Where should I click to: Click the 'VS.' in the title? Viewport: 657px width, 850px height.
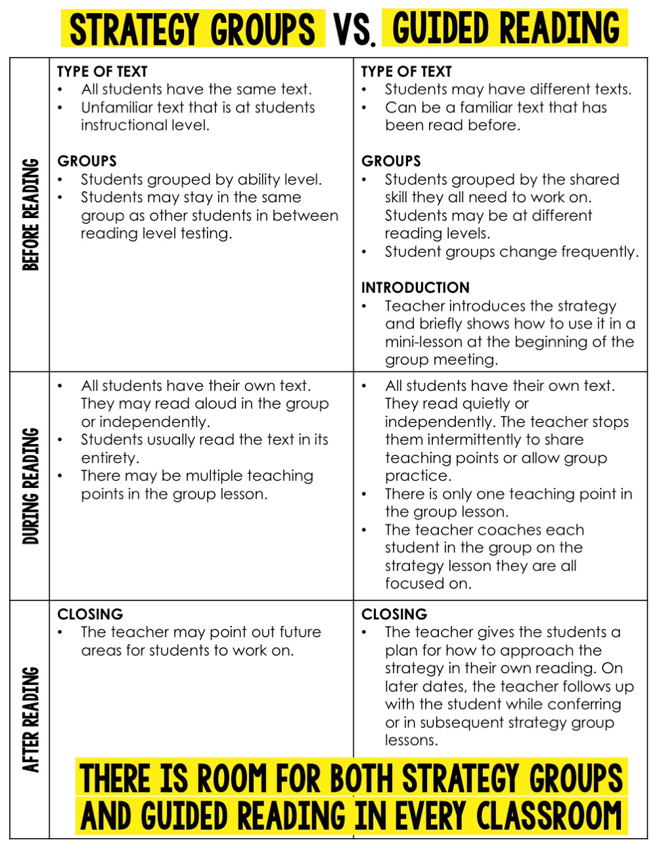[x=354, y=30]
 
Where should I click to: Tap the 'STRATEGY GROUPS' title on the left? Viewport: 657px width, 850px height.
[x=193, y=29]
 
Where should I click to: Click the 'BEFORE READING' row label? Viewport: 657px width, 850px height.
[x=30, y=214]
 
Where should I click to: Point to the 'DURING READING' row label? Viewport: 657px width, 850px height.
[x=30, y=485]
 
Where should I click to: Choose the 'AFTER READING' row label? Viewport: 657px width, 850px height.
[x=30, y=719]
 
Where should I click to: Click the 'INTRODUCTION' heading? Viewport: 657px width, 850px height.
[x=415, y=288]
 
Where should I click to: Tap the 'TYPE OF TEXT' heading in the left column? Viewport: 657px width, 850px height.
[x=102, y=72]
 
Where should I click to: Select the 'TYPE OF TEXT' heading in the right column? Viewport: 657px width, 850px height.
[x=407, y=72]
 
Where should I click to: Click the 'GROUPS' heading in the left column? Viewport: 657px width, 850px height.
[x=87, y=161]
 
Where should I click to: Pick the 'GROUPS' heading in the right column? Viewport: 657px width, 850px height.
[x=391, y=161]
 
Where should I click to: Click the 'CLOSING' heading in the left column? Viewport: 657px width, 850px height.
[x=90, y=614]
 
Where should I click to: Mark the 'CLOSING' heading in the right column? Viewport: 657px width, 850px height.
[x=394, y=614]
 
